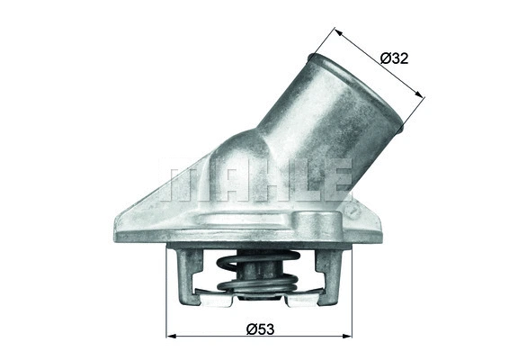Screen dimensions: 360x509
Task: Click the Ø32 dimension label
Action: [394, 58]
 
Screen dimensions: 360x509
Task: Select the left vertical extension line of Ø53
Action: [168, 297]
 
